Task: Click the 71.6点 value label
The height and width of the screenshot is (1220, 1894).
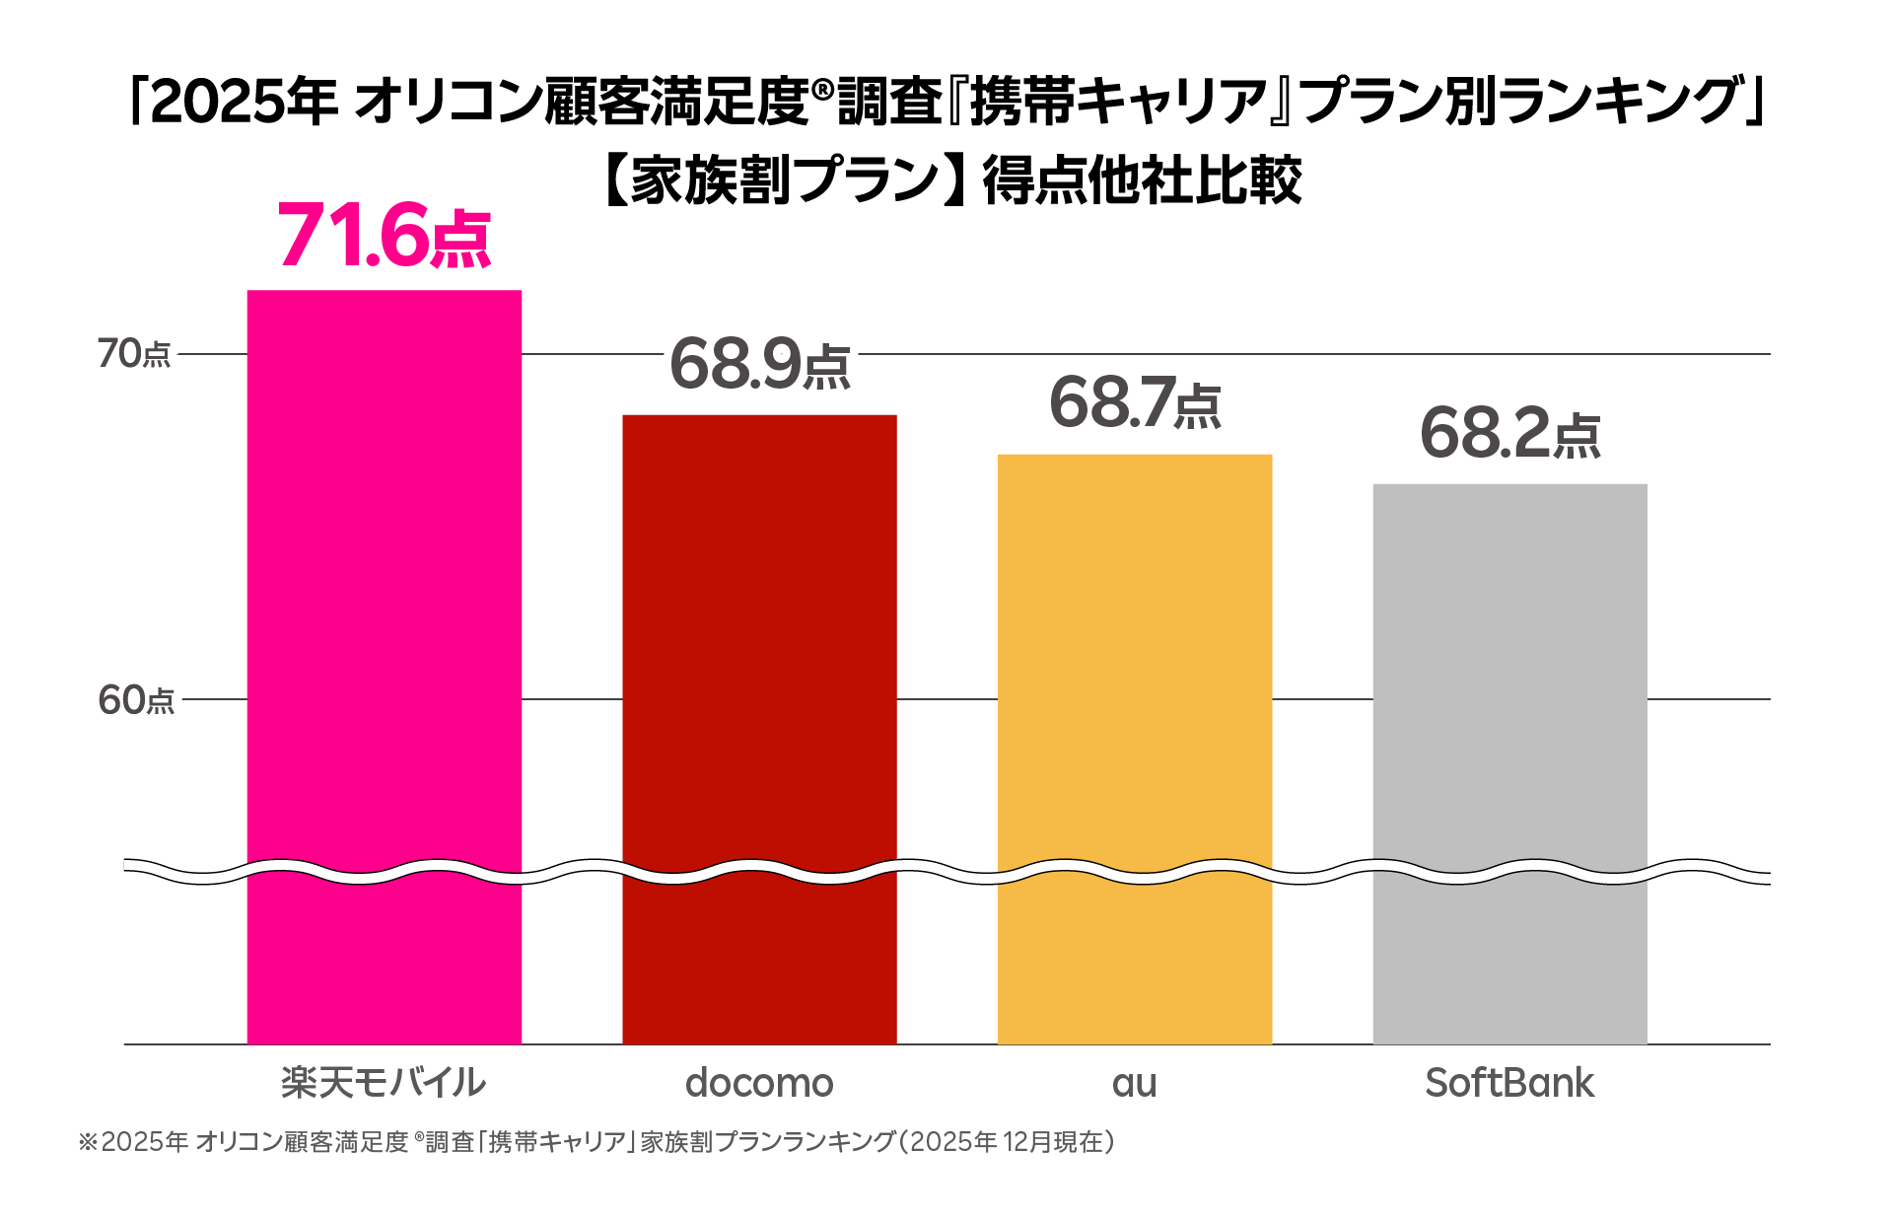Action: click(384, 237)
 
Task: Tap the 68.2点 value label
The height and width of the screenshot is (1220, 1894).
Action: click(1509, 434)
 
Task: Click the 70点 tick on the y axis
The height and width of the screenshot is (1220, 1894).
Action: click(134, 354)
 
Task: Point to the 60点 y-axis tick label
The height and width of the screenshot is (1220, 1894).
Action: click(136, 700)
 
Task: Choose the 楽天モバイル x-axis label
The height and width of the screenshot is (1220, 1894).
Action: click(384, 1083)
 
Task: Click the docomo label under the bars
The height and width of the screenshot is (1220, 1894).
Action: click(759, 1083)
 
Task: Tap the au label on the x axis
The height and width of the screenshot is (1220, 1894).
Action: click(1135, 1083)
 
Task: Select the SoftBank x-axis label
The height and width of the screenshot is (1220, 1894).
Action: click(1509, 1083)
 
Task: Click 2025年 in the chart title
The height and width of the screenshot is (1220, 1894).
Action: click(245, 102)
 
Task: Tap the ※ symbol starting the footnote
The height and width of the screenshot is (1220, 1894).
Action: click(89, 1142)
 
